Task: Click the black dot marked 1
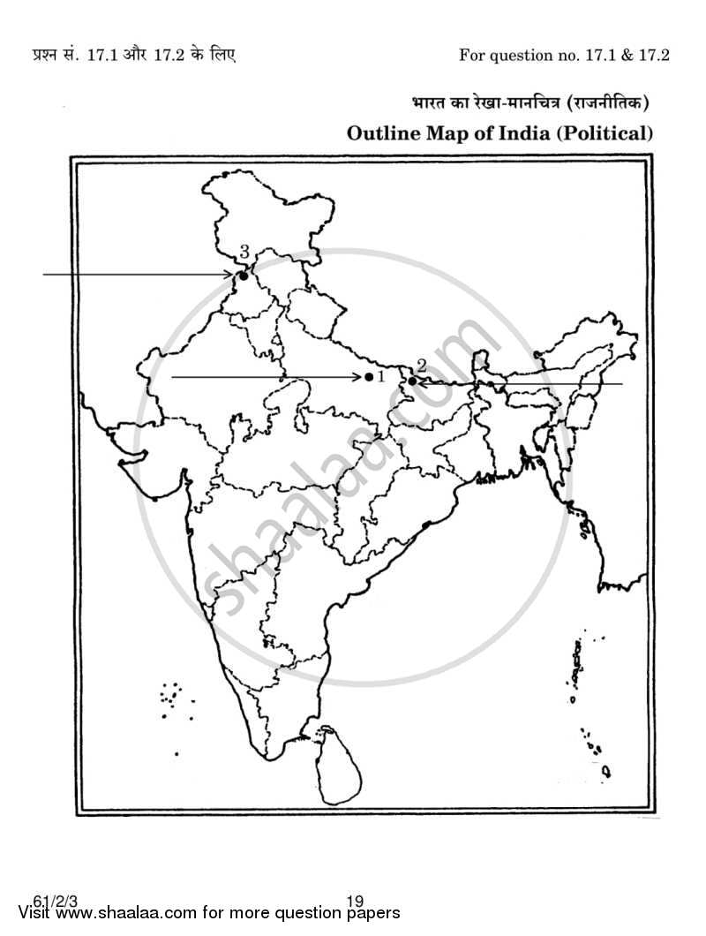click(369, 377)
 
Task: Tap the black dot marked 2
click(412, 381)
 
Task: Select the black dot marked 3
click(243, 276)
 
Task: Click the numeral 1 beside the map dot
click(380, 377)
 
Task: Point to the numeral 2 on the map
click(422, 365)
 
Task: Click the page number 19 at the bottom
click(355, 902)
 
